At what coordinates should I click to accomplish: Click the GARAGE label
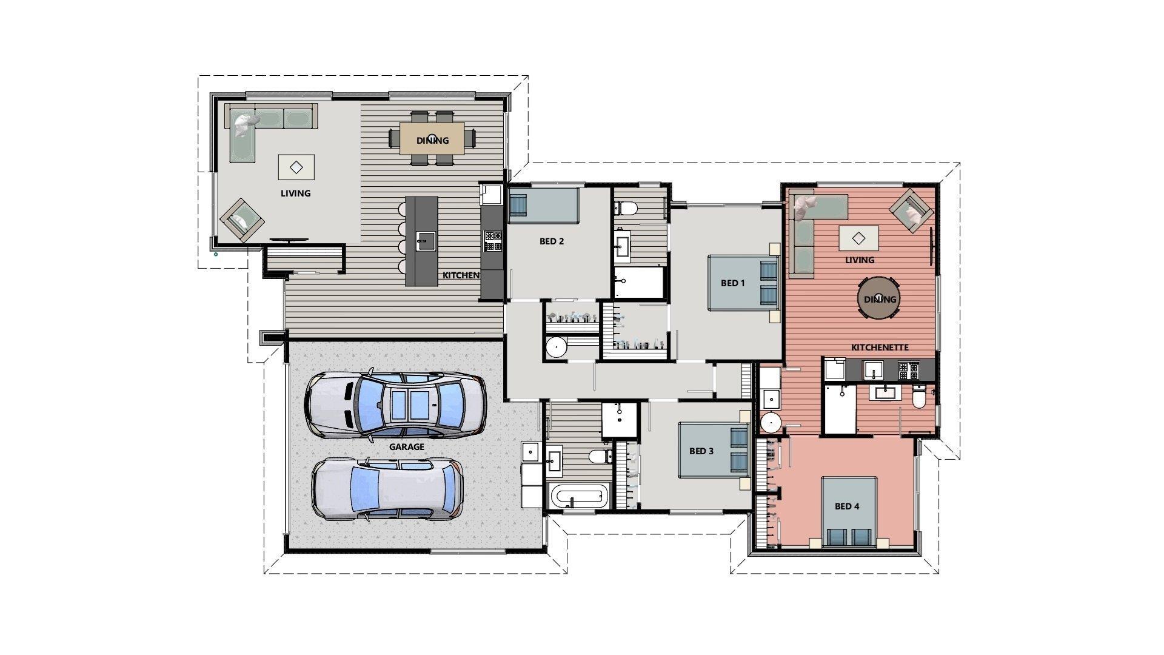(x=406, y=447)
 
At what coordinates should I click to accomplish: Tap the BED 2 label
(x=552, y=241)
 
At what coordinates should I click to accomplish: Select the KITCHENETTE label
(x=880, y=348)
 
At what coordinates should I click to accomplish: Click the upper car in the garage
(x=395, y=405)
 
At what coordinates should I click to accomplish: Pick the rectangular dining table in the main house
(x=432, y=138)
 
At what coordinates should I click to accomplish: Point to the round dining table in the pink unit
(x=878, y=298)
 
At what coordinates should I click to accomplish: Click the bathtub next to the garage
(x=578, y=497)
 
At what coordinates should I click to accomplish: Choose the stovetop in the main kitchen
(x=492, y=240)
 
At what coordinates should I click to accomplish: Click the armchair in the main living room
(x=241, y=220)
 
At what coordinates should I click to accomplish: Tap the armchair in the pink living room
(x=911, y=210)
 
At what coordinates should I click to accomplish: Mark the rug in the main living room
(x=296, y=167)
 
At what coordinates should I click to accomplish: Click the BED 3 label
(x=701, y=451)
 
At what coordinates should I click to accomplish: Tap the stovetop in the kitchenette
(x=908, y=369)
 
